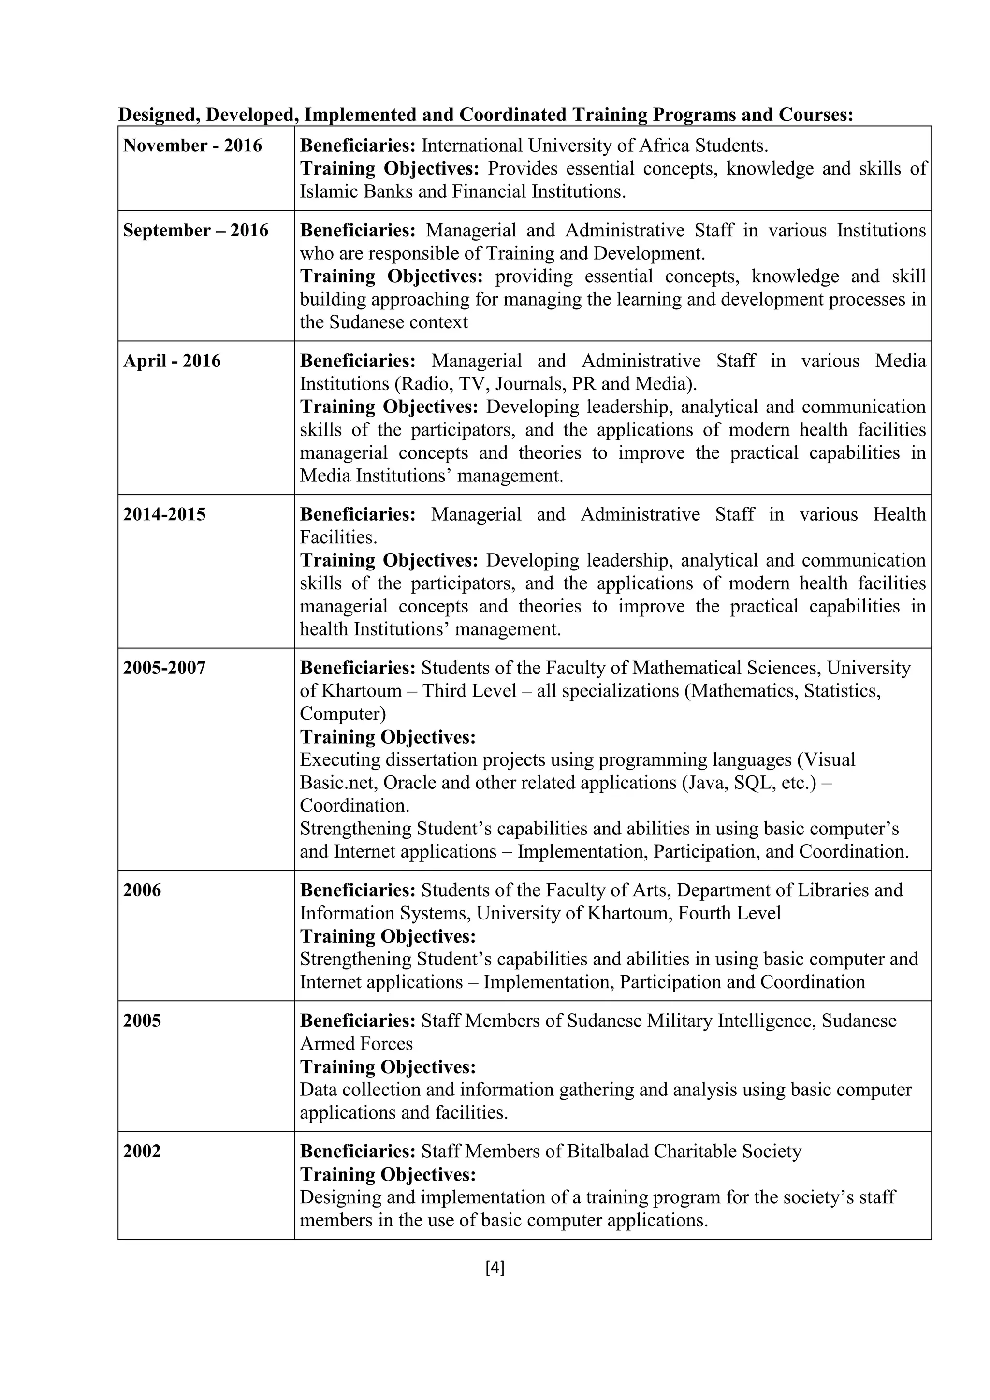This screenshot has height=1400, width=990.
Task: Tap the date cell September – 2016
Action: click(x=196, y=231)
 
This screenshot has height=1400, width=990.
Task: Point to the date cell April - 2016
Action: click(x=172, y=361)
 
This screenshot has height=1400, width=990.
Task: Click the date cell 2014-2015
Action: click(x=164, y=515)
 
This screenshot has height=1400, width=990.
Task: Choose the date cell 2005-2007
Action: click(x=164, y=668)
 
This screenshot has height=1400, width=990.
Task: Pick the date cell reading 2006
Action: click(x=143, y=890)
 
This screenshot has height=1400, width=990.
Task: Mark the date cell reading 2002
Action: click(x=142, y=1151)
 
